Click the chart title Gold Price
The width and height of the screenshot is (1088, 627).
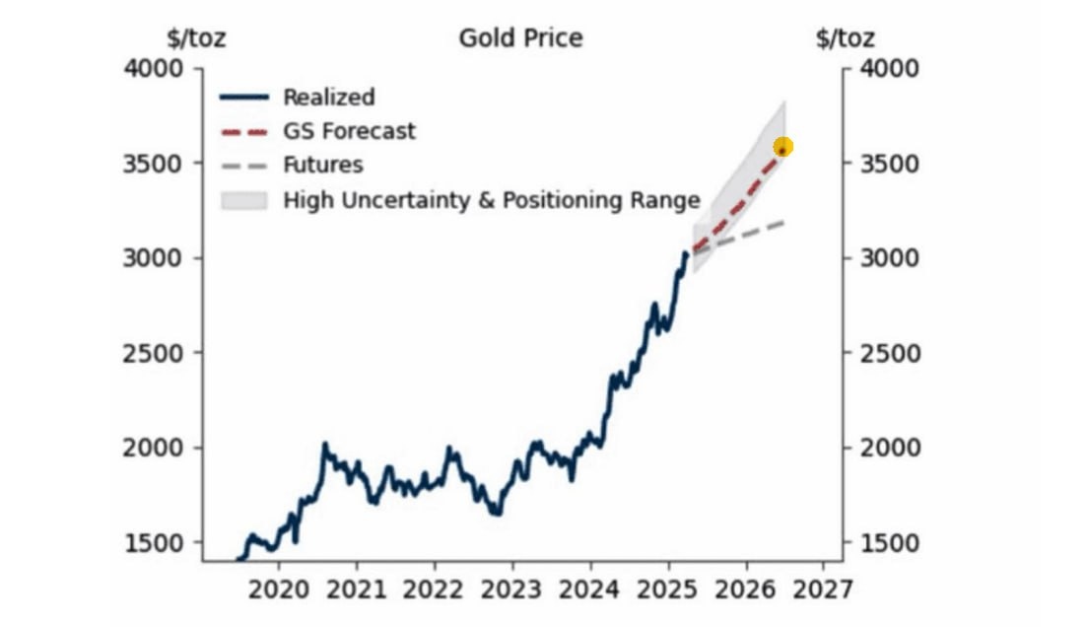pos(520,38)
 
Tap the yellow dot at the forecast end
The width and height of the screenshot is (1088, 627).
pos(783,148)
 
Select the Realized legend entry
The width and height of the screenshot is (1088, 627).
pos(328,97)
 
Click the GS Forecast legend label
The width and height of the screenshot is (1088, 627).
pos(349,130)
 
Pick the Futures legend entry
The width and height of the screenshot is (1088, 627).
pos(322,165)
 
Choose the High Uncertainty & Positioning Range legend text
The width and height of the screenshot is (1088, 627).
pos(491,200)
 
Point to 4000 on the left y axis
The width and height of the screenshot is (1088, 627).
pos(153,69)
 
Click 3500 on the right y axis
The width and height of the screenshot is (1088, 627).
pos(890,163)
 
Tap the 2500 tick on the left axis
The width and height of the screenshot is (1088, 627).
pos(153,353)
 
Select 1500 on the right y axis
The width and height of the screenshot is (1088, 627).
pos(890,543)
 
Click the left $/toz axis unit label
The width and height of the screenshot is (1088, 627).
pos(197,38)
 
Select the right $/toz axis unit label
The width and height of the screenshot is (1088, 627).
pos(846,38)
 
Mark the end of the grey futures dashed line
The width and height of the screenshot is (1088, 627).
pos(782,223)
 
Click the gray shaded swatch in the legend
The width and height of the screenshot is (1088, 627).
pos(244,200)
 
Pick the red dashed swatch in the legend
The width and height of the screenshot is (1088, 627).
pos(244,131)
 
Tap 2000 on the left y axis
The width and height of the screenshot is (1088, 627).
pos(153,448)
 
